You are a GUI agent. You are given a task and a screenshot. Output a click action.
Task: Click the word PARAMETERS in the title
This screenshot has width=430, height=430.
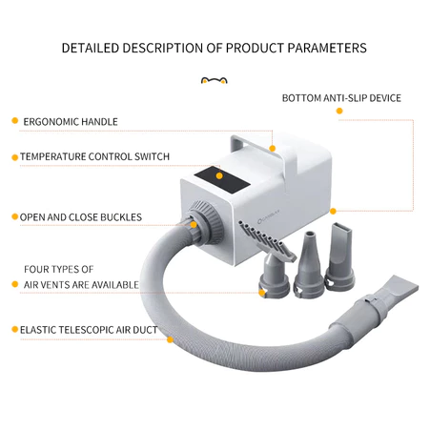point(327,48)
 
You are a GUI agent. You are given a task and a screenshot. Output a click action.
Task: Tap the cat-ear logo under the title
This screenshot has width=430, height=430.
point(215,80)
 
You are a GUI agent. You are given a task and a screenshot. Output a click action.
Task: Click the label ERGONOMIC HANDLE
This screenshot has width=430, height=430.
point(71,122)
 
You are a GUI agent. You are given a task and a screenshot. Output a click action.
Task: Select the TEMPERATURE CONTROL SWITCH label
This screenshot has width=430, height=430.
point(94,156)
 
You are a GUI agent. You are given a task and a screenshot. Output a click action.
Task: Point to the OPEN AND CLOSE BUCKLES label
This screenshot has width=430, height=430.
point(81,217)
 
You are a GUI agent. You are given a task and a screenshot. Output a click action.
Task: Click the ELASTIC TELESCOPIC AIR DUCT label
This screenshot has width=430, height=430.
point(89,330)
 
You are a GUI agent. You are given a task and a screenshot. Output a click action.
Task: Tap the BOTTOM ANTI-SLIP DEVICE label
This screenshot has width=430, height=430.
point(341,98)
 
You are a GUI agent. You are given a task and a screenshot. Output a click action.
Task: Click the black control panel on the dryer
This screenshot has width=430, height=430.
point(222,180)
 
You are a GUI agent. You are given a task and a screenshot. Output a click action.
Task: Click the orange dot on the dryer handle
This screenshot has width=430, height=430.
point(273,149)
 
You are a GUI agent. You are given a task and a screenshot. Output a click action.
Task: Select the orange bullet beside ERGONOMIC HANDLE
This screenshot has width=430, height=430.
point(14,121)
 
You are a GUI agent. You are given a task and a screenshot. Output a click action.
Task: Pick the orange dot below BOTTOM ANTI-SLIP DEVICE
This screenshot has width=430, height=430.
point(339,111)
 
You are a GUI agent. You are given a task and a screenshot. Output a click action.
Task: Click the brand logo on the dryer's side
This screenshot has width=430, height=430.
point(269,220)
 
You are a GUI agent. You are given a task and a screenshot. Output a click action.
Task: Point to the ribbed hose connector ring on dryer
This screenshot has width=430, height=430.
point(207,222)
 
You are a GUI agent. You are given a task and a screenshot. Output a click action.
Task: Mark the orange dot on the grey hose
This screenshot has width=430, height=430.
point(170,339)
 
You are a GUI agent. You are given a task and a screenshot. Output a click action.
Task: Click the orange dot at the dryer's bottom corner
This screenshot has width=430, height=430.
point(333,212)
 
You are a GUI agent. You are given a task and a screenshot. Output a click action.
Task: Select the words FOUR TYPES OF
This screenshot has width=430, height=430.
point(59,270)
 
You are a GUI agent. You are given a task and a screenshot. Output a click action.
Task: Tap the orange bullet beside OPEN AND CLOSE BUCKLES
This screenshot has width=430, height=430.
point(14,216)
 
